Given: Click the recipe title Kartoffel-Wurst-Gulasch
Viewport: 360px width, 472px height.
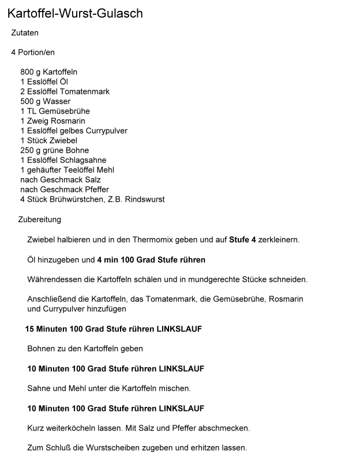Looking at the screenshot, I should pyautogui.click(x=75, y=13).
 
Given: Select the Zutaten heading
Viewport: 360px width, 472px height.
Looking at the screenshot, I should pyautogui.click(x=25, y=33).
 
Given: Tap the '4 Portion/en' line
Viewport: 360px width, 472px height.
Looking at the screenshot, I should pyautogui.click(x=33, y=52).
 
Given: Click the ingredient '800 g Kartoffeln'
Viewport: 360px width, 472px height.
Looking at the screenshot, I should pyautogui.click(x=48, y=72).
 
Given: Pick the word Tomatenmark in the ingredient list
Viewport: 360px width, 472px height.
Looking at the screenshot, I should pyautogui.click(x=87, y=92).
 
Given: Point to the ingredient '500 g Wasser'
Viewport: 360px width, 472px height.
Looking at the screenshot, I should pyautogui.click(x=45, y=101).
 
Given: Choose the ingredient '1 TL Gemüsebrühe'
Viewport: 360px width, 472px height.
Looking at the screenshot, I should pyautogui.click(x=55, y=111).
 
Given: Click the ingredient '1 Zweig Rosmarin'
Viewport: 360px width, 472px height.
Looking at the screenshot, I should pyautogui.click(x=52, y=121).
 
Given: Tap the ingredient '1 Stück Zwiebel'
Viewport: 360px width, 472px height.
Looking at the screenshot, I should pyautogui.click(x=48, y=141).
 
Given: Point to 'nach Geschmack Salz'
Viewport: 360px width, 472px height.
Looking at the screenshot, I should pyautogui.click(x=61, y=180).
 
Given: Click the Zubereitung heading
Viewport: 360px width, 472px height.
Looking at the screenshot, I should pyautogui.click(x=39, y=220).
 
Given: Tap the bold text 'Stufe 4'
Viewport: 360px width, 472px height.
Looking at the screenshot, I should pyautogui.click(x=242, y=239).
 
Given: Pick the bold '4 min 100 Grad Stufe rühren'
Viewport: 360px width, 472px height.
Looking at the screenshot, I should pyautogui.click(x=151, y=260).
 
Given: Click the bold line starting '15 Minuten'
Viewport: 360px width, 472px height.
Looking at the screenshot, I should pyautogui.click(x=113, y=329).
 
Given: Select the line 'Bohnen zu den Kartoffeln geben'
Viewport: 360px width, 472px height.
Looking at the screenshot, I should pyautogui.click(x=85, y=349).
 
